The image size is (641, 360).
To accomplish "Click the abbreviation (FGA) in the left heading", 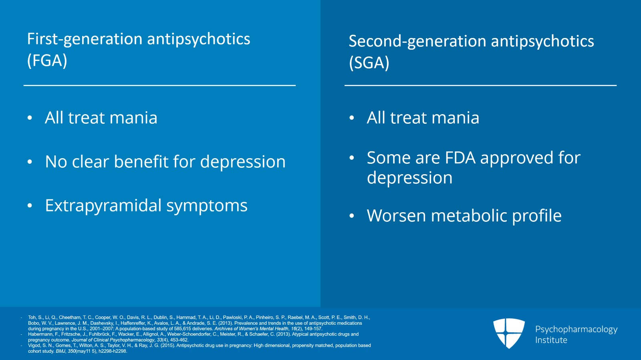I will [x=47, y=61].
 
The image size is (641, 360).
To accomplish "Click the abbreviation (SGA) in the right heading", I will [x=369, y=63].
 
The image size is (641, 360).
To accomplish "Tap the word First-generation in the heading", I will [x=85, y=39].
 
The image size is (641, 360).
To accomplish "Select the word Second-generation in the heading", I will [x=417, y=41].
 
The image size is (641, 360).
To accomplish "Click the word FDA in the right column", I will [x=460, y=158].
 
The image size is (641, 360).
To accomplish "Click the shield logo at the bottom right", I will [x=509, y=333].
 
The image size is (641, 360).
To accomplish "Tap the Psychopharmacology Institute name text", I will [x=576, y=334].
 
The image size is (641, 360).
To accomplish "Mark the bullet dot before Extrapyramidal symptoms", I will [x=30, y=206].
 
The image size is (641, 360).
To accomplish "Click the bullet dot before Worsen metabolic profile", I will [x=352, y=216].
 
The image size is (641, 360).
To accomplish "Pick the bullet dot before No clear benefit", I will [x=30, y=162].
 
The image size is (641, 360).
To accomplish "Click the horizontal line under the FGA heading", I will [x=159, y=85].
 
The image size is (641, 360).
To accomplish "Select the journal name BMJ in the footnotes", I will [x=60, y=351].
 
